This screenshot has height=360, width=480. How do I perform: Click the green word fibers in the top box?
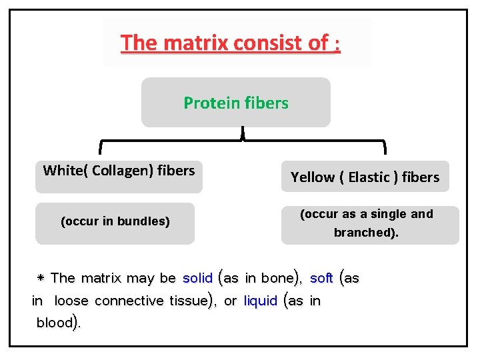click(266, 103)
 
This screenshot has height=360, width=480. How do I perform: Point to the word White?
click(62, 171)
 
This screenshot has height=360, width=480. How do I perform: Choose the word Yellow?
click(313, 177)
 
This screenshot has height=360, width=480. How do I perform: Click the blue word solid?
click(197, 278)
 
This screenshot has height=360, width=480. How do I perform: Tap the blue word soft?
click(321, 278)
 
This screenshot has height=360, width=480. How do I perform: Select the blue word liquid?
click(261, 301)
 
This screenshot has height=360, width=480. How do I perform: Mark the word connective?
click(125, 301)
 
